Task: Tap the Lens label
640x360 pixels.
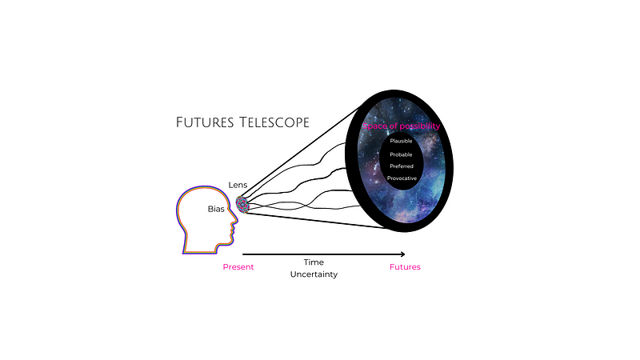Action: (238, 185)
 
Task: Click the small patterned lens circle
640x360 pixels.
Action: (242, 206)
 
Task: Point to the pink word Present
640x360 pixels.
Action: (238, 267)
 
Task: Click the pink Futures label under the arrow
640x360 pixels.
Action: (405, 267)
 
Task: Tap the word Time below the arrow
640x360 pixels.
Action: (314, 262)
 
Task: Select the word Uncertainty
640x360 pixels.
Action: (314, 274)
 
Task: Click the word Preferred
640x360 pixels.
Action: (402, 166)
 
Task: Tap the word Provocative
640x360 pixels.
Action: (402, 178)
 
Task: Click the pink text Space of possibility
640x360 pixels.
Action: (402, 126)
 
